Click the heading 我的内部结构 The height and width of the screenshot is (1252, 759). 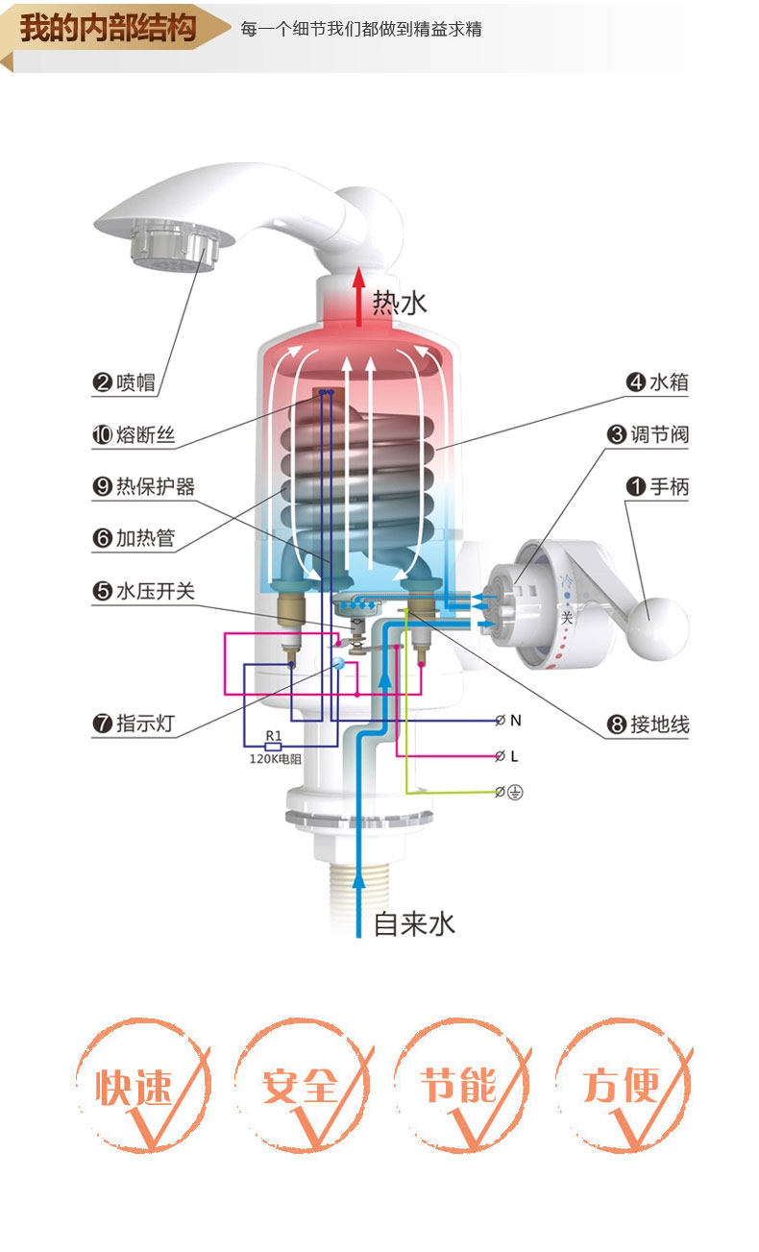pos(108,28)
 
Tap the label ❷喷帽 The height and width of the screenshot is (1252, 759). pos(124,382)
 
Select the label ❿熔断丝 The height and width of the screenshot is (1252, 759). pos(134,435)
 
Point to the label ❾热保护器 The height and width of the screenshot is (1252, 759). pos(144,487)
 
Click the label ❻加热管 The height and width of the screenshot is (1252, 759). pos(134,538)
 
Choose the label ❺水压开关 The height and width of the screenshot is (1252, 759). pos(144,591)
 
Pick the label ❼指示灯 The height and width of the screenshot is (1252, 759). pos(134,724)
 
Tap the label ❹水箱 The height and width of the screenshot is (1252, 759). pos(658,382)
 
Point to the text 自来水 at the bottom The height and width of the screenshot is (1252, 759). pos(414,924)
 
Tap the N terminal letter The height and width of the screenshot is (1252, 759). pos(516,721)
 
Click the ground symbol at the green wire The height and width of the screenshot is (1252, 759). pos(516,793)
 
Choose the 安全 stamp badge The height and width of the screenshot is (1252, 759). pos(300,1086)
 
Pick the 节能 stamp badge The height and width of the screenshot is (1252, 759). pos(459,1086)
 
